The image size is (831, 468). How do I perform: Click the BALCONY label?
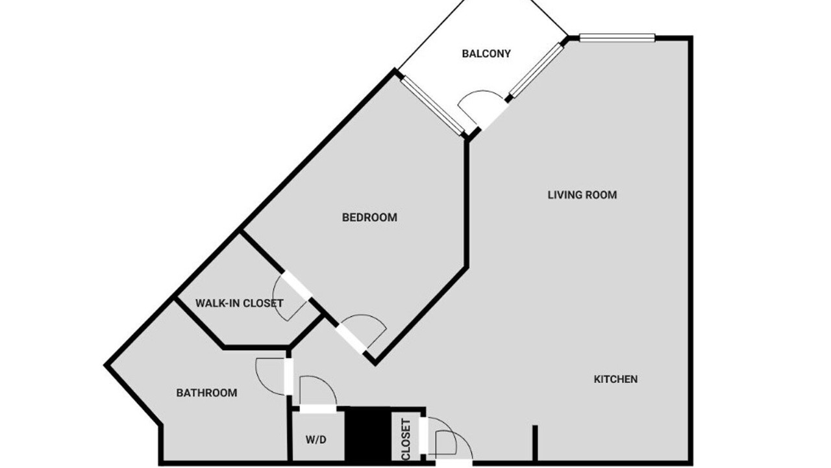(x=486, y=54)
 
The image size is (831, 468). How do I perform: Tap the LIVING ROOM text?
(x=582, y=195)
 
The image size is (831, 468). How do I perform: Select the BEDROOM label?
(x=369, y=217)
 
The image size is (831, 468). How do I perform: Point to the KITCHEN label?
(x=615, y=379)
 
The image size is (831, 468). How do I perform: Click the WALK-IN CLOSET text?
(x=240, y=304)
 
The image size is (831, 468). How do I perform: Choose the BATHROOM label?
(x=206, y=393)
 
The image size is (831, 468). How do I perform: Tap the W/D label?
(x=316, y=440)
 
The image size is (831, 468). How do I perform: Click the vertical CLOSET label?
(x=406, y=439)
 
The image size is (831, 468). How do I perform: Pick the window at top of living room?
(x=617, y=37)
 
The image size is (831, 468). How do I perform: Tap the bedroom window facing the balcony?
(x=433, y=105)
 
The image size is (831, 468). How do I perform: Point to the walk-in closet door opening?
(x=297, y=285)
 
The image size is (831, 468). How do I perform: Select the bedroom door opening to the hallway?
(x=351, y=339)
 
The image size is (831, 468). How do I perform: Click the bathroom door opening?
(x=289, y=376)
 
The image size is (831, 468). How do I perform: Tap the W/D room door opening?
(x=318, y=409)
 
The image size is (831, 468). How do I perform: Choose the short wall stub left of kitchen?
(x=535, y=444)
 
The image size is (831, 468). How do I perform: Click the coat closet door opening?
(x=423, y=435)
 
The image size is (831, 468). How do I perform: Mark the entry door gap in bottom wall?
(x=454, y=463)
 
